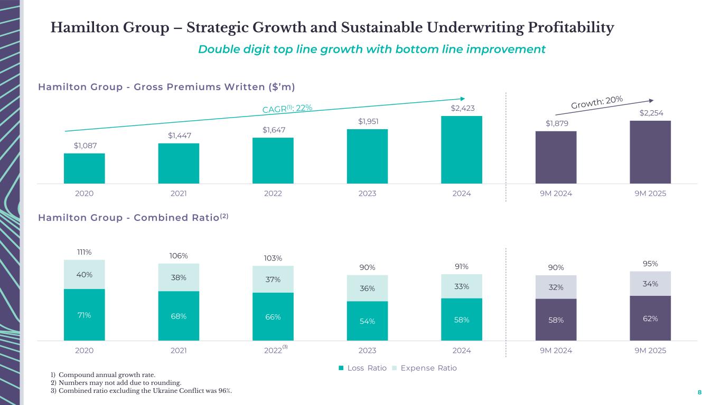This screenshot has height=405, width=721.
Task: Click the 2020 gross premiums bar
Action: [84, 168]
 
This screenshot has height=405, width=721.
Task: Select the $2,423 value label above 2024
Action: [462, 109]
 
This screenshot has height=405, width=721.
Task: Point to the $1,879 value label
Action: [556, 123]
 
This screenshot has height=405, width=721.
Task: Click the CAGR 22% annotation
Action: [287, 108]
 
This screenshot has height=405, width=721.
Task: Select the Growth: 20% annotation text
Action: [597, 103]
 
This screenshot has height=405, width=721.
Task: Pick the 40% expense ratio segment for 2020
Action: [84, 275]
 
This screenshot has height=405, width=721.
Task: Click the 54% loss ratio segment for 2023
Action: [367, 321]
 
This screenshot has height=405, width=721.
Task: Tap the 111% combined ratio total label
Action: [84, 252]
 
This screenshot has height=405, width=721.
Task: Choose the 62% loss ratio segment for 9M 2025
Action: [650, 318]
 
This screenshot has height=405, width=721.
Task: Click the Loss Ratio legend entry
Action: [363, 368]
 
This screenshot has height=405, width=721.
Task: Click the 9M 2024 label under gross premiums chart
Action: [556, 194]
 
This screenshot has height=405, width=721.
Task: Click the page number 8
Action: [699, 392]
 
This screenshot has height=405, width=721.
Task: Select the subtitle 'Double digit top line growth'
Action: [372, 50]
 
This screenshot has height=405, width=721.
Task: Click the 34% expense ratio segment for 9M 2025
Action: [650, 284]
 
